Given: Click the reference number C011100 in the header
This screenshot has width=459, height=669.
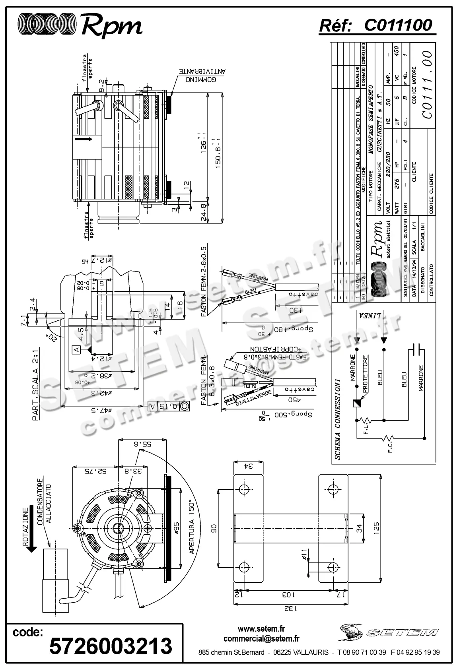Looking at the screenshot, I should [398, 25].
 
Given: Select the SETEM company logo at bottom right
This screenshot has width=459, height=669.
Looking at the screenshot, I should [389, 631].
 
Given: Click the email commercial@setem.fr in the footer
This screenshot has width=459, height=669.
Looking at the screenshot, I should [261, 639].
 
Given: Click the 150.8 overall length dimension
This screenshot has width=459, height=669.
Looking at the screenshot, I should [217, 153].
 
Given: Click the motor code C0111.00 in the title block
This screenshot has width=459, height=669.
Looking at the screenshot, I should [427, 84].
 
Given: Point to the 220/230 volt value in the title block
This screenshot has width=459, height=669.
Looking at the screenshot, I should [389, 163].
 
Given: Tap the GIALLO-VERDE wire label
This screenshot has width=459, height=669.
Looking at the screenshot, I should [253, 398].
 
